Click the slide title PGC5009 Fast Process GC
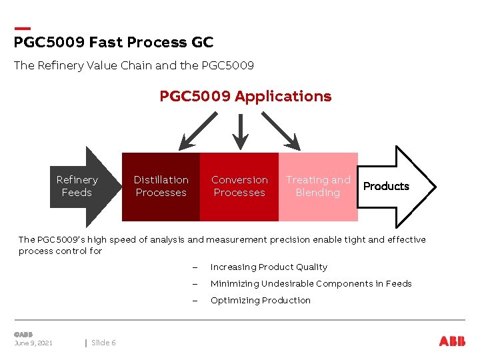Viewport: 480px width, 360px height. [x=113, y=43]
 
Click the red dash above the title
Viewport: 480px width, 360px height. [x=22, y=29]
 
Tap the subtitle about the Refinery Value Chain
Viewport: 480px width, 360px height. [x=133, y=65]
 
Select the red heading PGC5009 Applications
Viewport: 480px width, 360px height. [x=245, y=97]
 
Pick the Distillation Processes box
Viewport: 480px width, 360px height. [x=161, y=187]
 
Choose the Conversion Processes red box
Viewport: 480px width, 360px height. [x=239, y=187]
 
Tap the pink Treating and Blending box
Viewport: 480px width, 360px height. [x=317, y=187]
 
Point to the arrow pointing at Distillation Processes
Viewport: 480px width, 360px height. [x=198, y=129]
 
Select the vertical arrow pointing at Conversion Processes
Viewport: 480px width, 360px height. [x=239, y=130]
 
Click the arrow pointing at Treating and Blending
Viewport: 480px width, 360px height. [x=281, y=129]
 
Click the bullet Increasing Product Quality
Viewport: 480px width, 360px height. [x=269, y=267]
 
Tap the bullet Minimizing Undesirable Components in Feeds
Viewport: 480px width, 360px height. [x=311, y=284]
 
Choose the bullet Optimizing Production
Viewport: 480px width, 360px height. [x=260, y=301]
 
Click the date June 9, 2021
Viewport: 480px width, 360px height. [x=33, y=343]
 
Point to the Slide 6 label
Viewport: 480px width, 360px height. [x=103, y=343]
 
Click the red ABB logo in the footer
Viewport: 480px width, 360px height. [x=452, y=341]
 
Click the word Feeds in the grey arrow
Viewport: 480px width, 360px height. [x=77, y=193]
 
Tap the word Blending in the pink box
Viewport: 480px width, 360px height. [x=317, y=193]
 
